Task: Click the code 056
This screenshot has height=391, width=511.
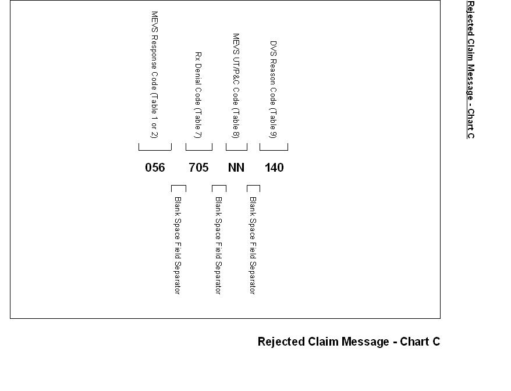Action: (x=155, y=168)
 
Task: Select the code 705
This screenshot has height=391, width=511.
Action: (x=198, y=168)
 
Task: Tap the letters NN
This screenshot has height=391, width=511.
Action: (x=236, y=168)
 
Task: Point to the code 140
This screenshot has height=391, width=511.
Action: (x=274, y=168)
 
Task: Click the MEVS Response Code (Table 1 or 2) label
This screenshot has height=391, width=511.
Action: (x=154, y=74)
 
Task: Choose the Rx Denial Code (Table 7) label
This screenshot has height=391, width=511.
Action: (x=198, y=95)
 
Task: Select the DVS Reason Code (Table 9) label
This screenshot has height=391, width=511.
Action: (x=274, y=89)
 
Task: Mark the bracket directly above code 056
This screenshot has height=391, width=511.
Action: (x=155, y=147)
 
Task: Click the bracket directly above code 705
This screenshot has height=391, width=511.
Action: (x=198, y=147)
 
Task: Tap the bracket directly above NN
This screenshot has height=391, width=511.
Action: (x=236, y=147)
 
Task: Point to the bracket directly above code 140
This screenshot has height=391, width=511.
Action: (x=274, y=147)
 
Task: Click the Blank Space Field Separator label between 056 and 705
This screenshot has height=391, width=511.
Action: (x=178, y=245)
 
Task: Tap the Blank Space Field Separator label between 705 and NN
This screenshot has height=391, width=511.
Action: (x=218, y=245)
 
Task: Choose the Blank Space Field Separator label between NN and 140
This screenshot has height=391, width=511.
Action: (x=253, y=245)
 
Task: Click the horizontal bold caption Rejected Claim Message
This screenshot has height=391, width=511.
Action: (x=349, y=342)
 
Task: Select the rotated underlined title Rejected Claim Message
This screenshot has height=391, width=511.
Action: (x=470, y=69)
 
